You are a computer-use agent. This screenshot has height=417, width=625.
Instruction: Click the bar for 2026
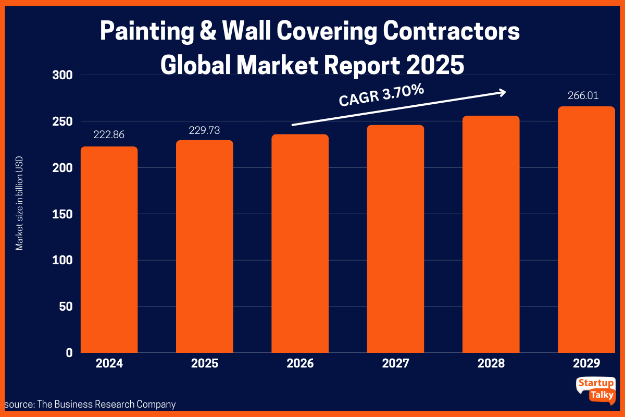(300, 243)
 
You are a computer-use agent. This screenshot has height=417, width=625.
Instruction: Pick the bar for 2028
(491, 234)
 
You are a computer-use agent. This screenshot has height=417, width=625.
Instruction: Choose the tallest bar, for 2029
(586, 229)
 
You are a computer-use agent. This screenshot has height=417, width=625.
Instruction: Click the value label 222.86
(109, 134)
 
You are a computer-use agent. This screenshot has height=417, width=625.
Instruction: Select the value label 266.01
(586, 95)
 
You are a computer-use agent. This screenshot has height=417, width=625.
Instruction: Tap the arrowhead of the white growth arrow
(502, 92)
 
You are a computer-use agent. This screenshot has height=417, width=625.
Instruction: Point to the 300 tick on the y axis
(63, 75)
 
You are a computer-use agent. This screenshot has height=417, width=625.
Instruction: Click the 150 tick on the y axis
(63, 214)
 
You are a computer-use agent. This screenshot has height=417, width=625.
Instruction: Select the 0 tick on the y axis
(69, 353)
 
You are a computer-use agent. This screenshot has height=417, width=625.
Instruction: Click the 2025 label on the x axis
(204, 363)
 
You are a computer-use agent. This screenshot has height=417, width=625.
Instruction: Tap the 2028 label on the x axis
(491, 363)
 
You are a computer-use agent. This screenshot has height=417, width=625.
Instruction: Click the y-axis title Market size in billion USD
(19, 203)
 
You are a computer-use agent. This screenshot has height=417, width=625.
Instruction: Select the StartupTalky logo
(595, 389)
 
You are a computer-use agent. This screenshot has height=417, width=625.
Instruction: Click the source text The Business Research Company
(90, 404)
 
